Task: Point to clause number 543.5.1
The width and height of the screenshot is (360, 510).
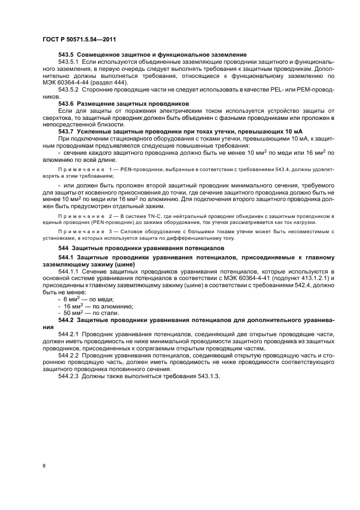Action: point(69,62)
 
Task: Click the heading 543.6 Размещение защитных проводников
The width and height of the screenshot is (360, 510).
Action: point(124,103)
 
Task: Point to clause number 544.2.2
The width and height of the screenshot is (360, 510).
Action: point(69,356)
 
